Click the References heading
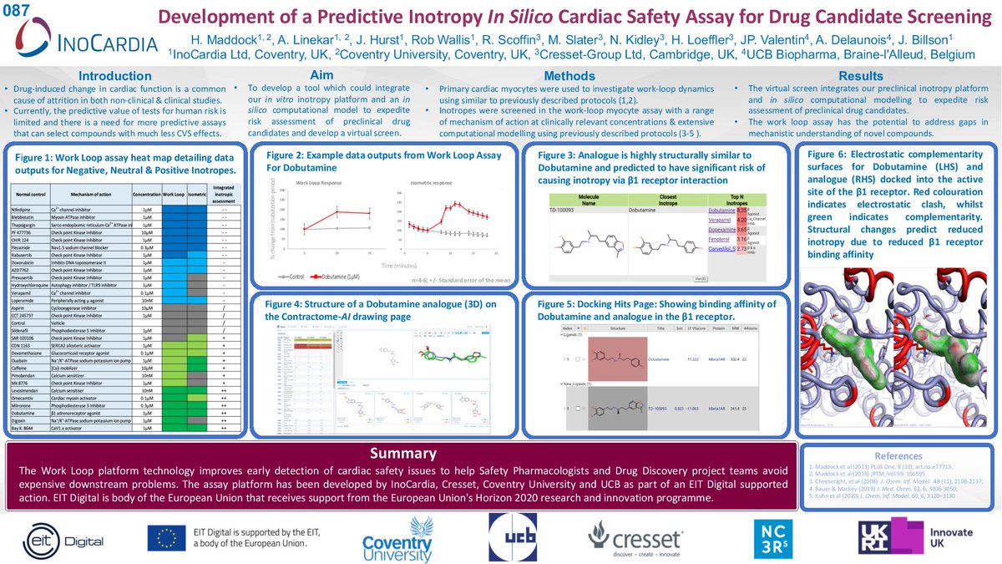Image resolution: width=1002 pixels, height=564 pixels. (x=897, y=456)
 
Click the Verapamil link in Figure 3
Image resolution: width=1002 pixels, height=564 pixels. (x=721, y=220)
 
